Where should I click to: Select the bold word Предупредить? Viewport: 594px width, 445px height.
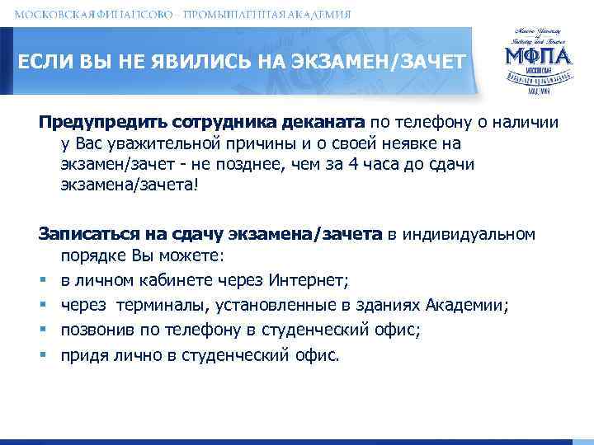click(103, 122)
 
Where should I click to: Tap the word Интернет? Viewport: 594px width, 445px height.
click(319, 279)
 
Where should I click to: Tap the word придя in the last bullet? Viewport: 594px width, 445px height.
click(83, 355)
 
